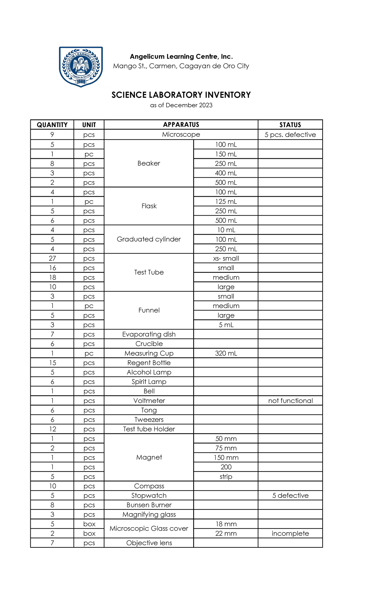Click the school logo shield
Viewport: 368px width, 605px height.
tap(81, 66)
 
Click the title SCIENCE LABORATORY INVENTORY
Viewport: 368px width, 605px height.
tap(181, 95)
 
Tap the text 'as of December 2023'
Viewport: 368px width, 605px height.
tap(181, 105)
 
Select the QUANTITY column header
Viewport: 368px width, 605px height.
tap(52, 125)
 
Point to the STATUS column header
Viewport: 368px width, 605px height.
tap(290, 125)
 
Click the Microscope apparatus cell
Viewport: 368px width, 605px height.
tap(181, 134)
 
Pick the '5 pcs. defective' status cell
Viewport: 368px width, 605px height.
tap(290, 135)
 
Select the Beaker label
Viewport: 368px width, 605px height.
tap(149, 163)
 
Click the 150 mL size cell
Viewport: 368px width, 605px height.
tap(226, 154)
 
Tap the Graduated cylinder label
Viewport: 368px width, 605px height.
tap(149, 239)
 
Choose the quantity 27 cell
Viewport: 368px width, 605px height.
tap(52, 258)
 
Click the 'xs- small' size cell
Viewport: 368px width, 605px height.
tap(226, 258)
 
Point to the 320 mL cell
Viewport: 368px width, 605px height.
tap(226, 353)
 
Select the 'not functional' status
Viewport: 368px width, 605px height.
tap(290, 401)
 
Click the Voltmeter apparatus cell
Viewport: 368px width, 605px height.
tap(149, 401)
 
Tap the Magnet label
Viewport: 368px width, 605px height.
tap(149, 457)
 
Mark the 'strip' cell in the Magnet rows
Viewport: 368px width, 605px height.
tap(226, 477)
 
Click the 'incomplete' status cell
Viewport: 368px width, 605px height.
tap(290, 534)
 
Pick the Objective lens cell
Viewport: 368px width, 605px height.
tap(149, 543)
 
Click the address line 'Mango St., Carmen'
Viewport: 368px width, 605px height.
tap(181, 66)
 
